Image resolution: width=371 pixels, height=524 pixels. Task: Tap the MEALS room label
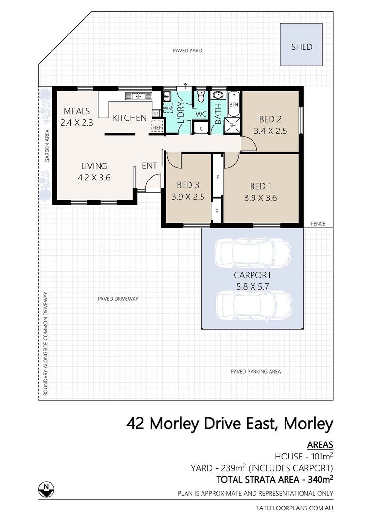click(x=76, y=111)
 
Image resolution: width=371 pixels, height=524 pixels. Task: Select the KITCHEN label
click(x=130, y=118)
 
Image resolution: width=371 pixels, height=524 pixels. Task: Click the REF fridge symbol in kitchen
click(x=157, y=127)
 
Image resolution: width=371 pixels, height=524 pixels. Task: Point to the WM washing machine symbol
click(x=168, y=108)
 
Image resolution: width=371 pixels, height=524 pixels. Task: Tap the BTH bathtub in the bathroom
click(x=234, y=104)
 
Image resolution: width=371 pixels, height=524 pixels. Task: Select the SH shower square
click(x=232, y=125)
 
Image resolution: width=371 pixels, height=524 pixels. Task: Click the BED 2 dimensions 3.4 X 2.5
click(x=270, y=130)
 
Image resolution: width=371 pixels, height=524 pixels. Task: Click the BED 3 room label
click(x=187, y=185)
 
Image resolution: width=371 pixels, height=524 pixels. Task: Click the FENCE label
click(x=318, y=224)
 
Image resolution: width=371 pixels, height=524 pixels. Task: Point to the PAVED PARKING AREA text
click(x=255, y=372)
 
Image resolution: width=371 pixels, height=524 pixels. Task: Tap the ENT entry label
click(x=149, y=166)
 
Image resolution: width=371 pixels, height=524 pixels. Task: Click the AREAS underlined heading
click(x=320, y=444)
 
